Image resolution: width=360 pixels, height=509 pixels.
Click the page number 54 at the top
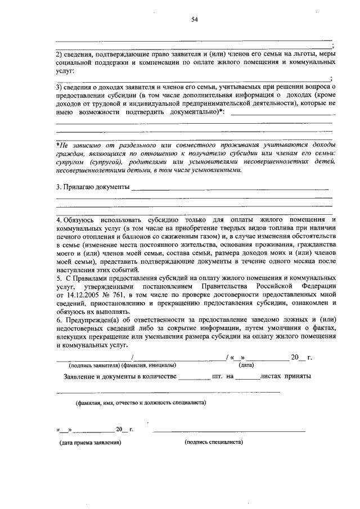click(195, 20)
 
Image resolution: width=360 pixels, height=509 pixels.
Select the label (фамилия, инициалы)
click(146, 364)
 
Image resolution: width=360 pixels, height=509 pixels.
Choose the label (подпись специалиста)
click(214, 442)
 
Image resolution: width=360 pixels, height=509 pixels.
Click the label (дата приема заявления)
click(91, 443)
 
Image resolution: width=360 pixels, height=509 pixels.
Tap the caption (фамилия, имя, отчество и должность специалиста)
click(141, 403)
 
